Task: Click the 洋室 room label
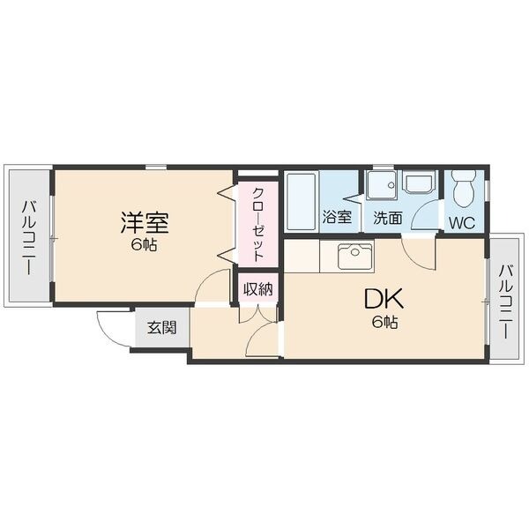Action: (x=145, y=222)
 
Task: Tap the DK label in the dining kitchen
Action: (x=384, y=299)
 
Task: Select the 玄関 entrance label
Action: (x=162, y=327)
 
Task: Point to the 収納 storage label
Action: (x=258, y=289)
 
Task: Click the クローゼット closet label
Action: (x=258, y=225)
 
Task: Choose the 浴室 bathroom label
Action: (x=337, y=217)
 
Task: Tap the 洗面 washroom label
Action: (x=388, y=218)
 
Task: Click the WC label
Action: (x=462, y=223)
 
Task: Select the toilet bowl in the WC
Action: (x=464, y=189)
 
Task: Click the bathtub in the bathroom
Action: (x=302, y=202)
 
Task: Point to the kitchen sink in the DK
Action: (x=355, y=256)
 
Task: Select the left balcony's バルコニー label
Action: (x=28, y=237)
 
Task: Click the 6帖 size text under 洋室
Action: (x=144, y=244)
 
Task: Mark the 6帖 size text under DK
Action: (x=385, y=323)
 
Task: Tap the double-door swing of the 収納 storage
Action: (x=258, y=314)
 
